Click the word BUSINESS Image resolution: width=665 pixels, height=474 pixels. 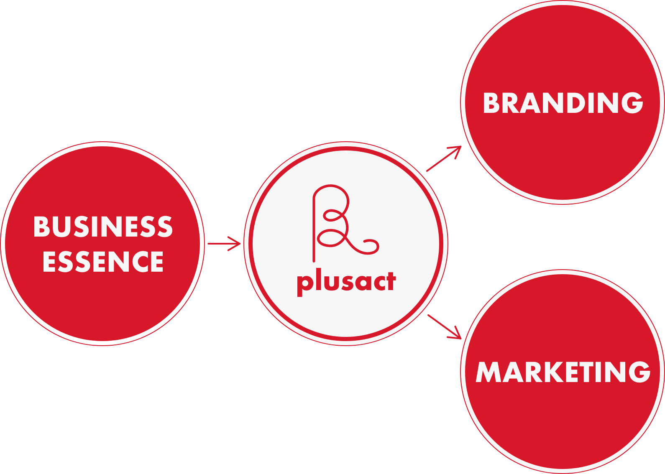tap(103, 227)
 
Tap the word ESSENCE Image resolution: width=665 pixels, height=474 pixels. tap(103, 262)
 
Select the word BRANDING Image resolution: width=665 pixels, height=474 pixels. tap(563, 103)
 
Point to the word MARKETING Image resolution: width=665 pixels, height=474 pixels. tap(563, 372)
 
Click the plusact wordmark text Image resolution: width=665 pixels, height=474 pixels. tap(346, 282)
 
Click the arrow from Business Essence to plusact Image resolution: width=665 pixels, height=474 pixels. tap(224, 243)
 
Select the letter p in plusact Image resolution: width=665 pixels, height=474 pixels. tap(304, 284)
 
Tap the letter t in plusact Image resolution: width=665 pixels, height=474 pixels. tap(390, 281)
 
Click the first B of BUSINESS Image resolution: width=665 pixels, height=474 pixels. tap(42, 227)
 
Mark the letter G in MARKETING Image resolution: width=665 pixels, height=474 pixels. tap(639, 372)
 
